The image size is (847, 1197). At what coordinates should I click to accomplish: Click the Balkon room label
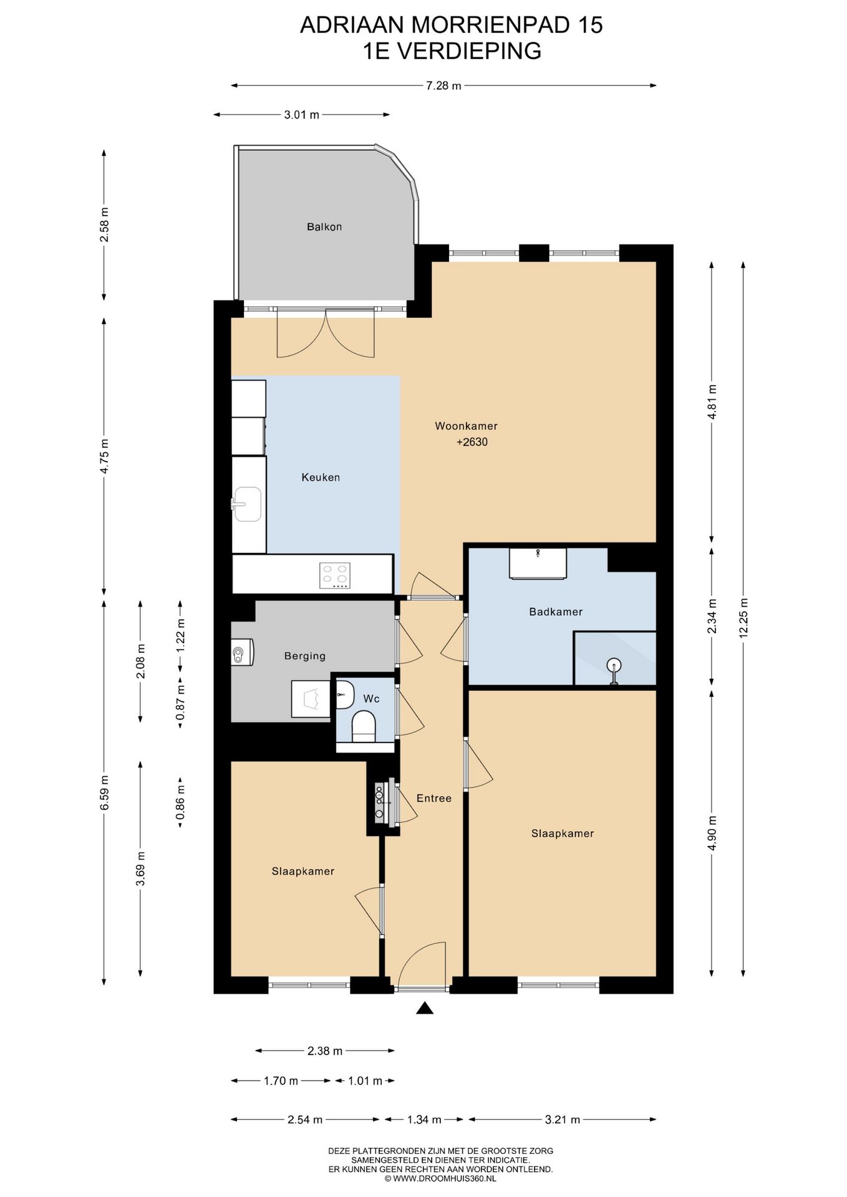324,227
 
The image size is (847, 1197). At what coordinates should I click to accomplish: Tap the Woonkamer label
466,426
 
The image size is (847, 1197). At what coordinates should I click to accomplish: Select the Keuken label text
321,478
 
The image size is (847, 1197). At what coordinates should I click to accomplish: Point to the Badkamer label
556,612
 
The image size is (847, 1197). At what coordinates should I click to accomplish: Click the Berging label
305,656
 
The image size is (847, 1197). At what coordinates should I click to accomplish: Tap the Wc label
371,699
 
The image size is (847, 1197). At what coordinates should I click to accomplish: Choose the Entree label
434,798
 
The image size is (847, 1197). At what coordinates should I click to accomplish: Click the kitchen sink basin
248,504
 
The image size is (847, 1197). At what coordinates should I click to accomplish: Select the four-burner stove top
335,575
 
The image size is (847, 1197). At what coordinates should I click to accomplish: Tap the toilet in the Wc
364,727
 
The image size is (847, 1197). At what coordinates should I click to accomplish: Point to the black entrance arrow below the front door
424,1008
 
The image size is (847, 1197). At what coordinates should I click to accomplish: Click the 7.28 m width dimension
443,86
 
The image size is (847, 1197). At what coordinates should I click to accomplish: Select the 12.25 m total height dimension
743,617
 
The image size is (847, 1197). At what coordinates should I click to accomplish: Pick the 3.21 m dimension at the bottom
563,1120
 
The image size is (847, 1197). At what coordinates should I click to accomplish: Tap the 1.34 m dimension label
424,1120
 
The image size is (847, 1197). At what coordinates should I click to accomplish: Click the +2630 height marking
472,442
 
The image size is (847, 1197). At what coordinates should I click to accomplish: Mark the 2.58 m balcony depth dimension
104,224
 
